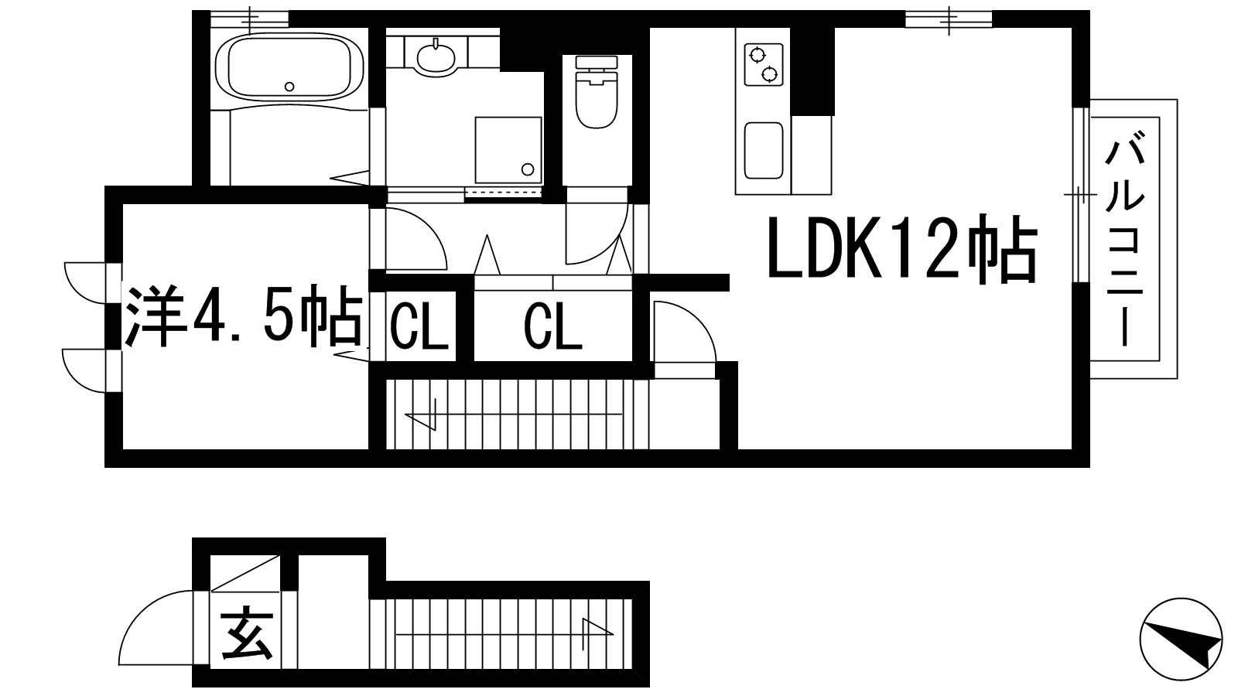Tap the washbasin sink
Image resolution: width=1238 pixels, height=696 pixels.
(x=437, y=56)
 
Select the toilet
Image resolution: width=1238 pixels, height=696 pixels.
(x=596, y=101)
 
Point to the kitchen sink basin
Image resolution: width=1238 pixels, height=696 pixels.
(x=763, y=150)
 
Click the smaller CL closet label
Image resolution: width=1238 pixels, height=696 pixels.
(x=419, y=327)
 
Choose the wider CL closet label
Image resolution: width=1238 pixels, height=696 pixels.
(x=552, y=327)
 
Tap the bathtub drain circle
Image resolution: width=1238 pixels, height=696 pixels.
(x=290, y=86)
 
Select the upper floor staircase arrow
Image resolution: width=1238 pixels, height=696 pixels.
(x=426, y=418)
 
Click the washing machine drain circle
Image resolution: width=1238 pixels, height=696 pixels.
(x=528, y=169)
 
